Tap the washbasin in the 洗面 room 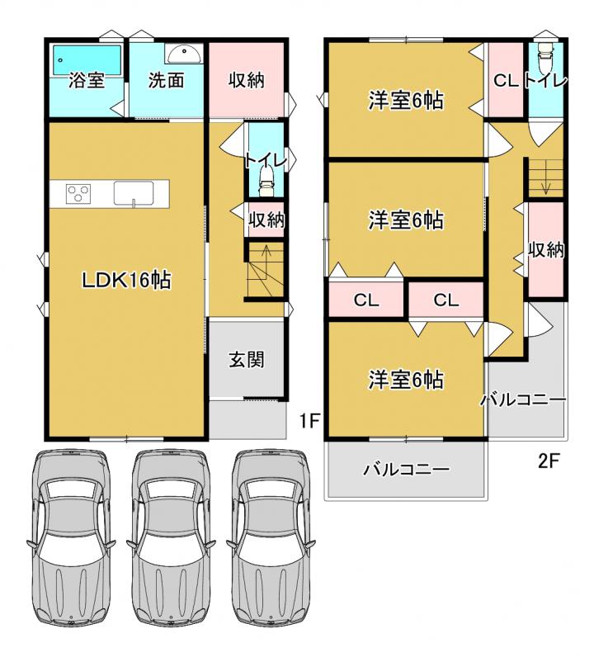(183, 53)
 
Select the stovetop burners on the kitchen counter (78, 194)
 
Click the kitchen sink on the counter (134, 194)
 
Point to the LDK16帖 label (126, 280)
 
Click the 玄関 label (247, 360)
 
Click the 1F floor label (309, 422)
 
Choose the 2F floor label (549, 461)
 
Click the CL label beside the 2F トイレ (506, 80)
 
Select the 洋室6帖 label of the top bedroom (406, 101)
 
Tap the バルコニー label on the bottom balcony (406, 469)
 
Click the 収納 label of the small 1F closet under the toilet (266, 220)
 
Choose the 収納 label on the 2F (546, 250)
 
